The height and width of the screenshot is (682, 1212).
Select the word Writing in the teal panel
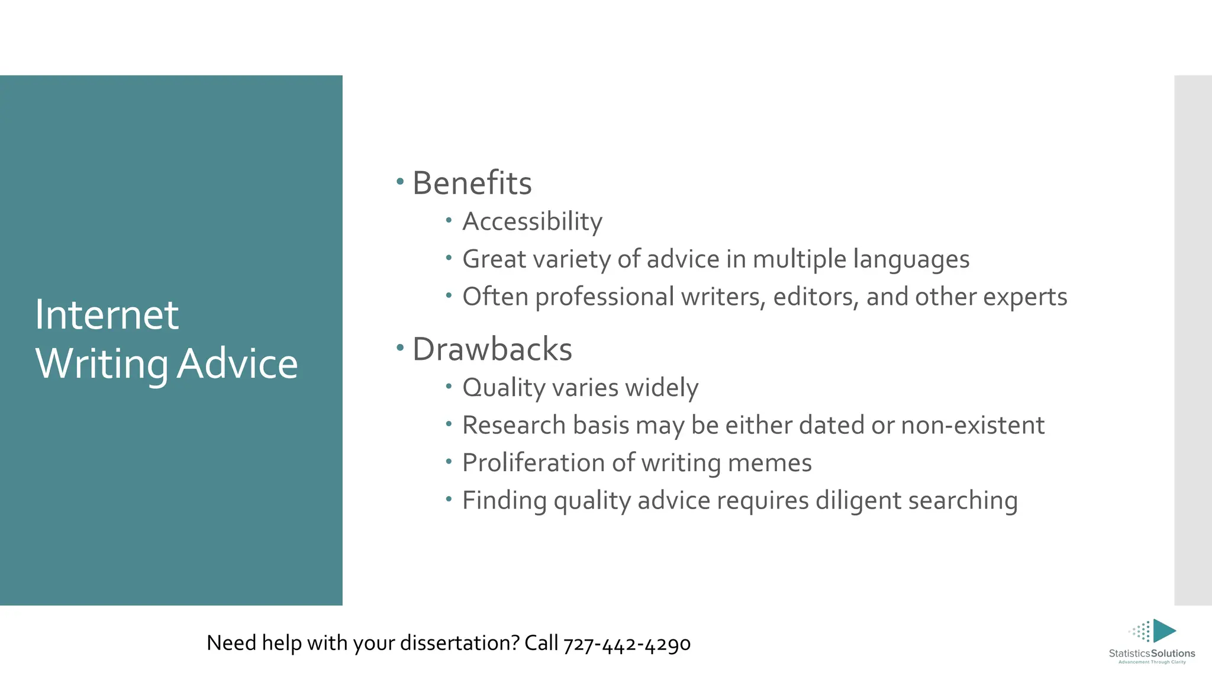102,363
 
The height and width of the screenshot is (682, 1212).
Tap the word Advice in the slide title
237,363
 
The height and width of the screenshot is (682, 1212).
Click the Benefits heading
472,183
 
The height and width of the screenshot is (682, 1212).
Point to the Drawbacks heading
492,349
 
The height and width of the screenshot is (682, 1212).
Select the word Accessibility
532,222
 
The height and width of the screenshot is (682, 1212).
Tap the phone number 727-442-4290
627,644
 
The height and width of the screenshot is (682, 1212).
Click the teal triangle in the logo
1163,630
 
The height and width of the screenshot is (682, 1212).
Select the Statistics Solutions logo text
1152,654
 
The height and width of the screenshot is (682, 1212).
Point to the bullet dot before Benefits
400,179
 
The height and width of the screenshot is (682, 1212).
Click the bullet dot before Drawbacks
400,346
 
